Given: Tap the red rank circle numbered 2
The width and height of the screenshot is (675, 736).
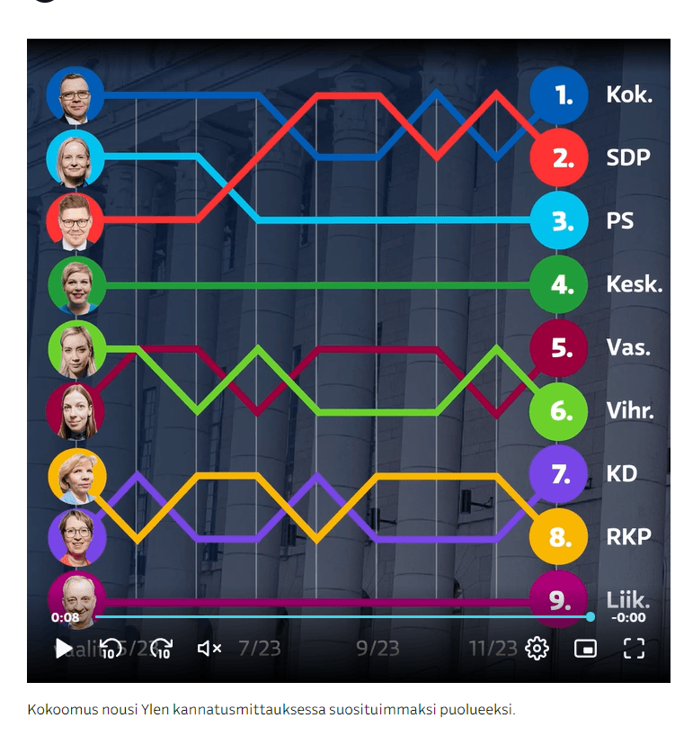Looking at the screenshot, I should click(559, 158).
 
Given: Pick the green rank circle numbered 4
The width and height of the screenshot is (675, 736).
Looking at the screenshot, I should click(559, 285).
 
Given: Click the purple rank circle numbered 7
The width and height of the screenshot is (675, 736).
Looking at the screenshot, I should click(559, 474).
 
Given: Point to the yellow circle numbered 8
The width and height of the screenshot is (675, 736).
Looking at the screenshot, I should click(559, 538).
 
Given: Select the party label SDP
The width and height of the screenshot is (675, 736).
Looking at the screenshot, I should click(628, 158).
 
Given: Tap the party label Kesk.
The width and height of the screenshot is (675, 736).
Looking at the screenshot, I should click(634, 285).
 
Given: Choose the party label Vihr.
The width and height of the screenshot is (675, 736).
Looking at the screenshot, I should click(630, 411).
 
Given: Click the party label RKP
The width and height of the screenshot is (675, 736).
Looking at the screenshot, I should click(629, 538).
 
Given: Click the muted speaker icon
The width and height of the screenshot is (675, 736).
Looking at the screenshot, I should click(209, 648).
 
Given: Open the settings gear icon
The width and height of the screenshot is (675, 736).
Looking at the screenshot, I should click(537, 648).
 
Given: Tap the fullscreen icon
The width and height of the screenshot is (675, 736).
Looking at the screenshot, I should click(635, 648).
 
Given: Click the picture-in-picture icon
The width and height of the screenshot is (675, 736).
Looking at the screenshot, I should click(586, 648).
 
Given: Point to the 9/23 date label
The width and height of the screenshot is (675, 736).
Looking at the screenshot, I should click(377, 648).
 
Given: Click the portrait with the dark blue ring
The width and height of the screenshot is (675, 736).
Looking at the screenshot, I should click(75, 95).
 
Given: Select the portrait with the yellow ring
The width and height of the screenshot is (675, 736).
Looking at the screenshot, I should click(77, 475).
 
